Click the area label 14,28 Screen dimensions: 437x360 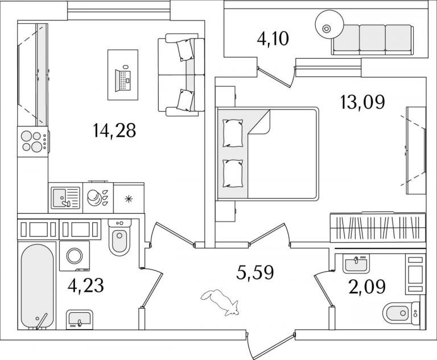114,130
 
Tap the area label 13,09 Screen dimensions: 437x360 362,102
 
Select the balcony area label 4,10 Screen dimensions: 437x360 273,39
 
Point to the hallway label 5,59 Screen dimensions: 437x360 255,273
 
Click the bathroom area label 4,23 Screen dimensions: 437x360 86,285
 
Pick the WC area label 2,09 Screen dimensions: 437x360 368,287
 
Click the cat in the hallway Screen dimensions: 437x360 220,302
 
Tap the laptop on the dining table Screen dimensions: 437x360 123,79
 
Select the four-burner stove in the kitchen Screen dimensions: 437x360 33,141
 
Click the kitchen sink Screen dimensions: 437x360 65,198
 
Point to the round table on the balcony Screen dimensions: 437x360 329,24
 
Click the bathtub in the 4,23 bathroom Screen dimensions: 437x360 37,287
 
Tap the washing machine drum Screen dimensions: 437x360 75,256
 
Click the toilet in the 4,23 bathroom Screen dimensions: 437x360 119,238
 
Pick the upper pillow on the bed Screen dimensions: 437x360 233,133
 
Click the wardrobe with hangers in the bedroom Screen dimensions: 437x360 378,227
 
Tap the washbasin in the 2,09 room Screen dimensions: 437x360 356,263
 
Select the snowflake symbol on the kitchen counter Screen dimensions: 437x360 129,199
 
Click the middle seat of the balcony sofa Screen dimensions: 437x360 372,39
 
